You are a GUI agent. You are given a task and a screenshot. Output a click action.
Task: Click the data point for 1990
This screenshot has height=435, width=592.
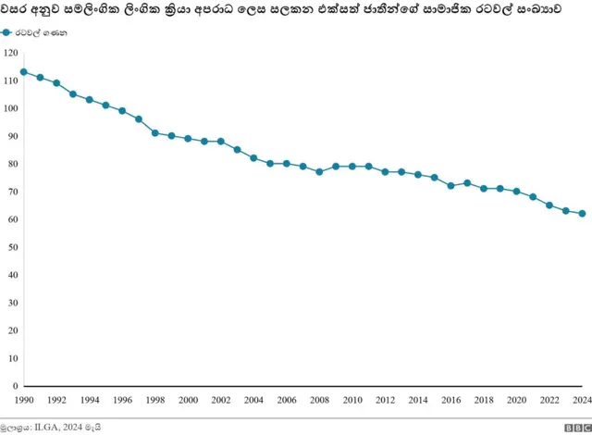[23, 72]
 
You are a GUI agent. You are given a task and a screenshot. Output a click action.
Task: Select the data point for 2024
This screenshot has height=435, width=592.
[582, 214]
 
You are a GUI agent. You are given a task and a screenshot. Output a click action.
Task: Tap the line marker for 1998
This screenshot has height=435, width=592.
[154, 133]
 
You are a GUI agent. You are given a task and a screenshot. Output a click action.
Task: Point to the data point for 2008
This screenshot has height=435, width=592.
[319, 172]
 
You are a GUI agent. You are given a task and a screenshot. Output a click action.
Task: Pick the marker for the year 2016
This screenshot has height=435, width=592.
[450, 186]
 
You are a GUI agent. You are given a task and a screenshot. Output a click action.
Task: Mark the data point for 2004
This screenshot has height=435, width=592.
[253, 158]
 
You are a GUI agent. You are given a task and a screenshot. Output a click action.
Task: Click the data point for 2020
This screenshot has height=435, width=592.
[516, 192]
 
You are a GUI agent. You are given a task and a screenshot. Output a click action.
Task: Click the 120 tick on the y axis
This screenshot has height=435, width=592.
[10, 53]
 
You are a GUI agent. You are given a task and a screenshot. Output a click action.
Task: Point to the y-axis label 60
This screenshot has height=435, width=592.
[12, 219]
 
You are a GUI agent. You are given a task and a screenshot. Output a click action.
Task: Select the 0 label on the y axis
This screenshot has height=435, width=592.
[15, 386]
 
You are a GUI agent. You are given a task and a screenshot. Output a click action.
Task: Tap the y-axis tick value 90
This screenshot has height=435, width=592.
[12, 136]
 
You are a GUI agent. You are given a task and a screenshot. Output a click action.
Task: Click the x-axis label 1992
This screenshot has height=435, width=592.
[55, 400]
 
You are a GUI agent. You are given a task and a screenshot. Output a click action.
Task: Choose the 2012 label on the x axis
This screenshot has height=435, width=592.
[385, 400]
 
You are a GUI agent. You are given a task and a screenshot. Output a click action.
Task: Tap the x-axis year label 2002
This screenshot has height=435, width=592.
[220, 400]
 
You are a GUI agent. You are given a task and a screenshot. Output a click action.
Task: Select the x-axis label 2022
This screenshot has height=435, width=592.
[549, 400]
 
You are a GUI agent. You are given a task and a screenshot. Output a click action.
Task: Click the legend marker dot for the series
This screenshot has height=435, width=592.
[7, 31]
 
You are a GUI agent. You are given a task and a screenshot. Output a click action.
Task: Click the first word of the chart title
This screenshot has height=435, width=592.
[15, 10]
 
